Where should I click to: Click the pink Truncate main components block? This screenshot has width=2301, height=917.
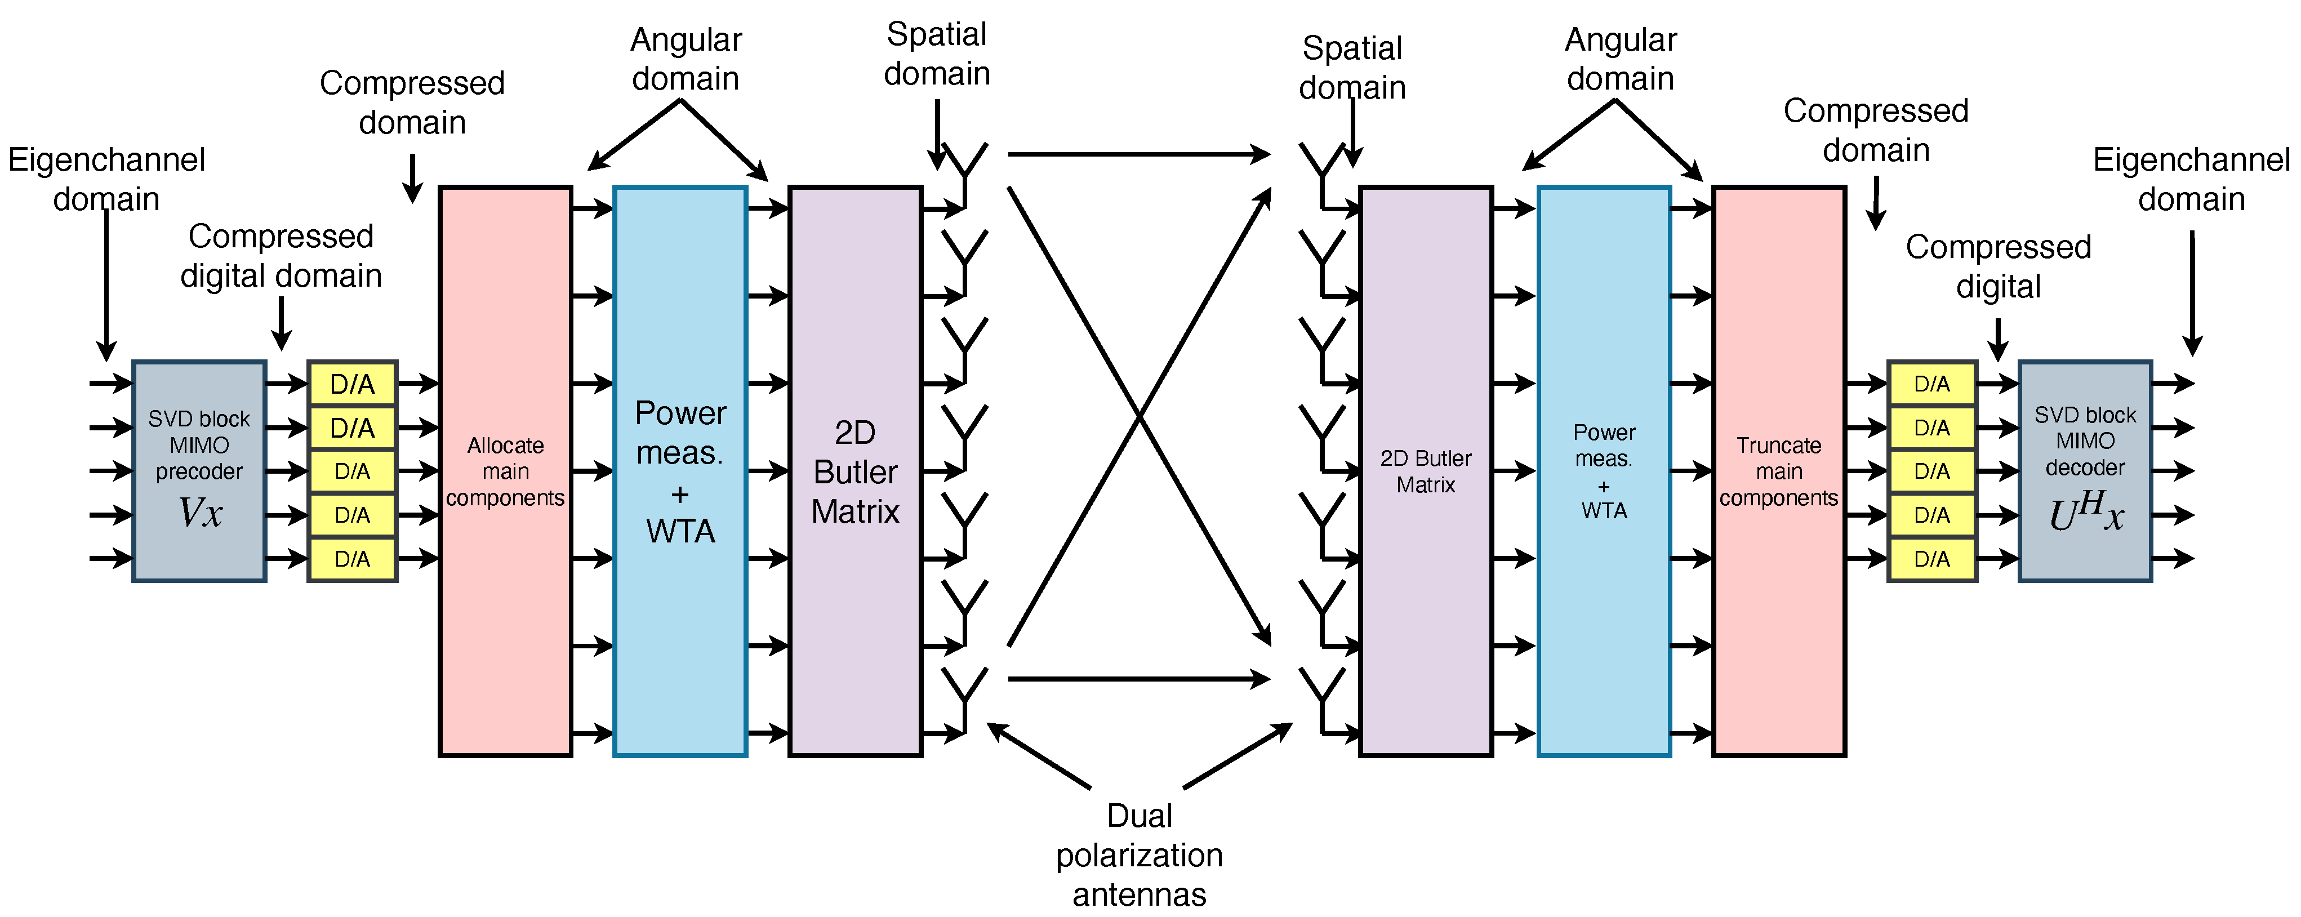(x=1778, y=470)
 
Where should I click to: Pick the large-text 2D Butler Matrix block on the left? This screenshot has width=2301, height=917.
(x=855, y=470)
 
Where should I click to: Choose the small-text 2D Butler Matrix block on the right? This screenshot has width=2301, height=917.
(x=1426, y=470)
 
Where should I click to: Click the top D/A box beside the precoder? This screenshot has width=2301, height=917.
(x=352, y=384)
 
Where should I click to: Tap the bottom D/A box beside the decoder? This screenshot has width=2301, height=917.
(x=1931, y=559)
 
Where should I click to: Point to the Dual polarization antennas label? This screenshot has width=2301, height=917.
(x=1139, y=854)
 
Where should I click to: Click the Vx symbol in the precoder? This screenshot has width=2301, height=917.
(x=200, y=513)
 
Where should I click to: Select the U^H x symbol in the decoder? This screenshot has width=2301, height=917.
(x=2085, y=513)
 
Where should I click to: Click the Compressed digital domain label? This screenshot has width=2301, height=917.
(x=281, y=256)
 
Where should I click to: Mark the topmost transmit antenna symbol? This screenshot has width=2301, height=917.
(x=965, y=165)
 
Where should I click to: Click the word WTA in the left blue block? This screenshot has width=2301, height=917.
(x=680, y=531)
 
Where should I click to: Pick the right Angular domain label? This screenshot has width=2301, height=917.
(x=1621, y=59)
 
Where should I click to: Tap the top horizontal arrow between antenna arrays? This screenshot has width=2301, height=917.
(x=1139, y=154)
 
